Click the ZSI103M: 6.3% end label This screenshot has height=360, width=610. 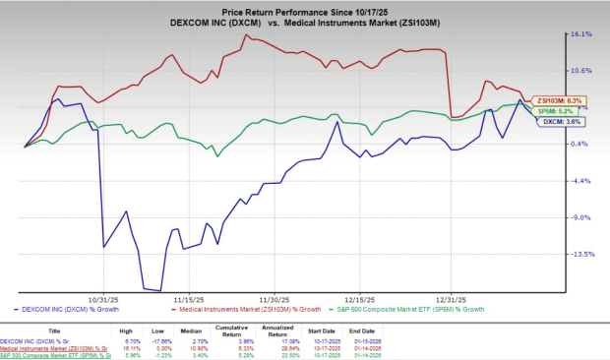560,100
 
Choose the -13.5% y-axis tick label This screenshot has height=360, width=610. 579,254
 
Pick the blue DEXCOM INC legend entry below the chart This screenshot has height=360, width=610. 68,309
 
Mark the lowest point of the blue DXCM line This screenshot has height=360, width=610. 157,290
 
